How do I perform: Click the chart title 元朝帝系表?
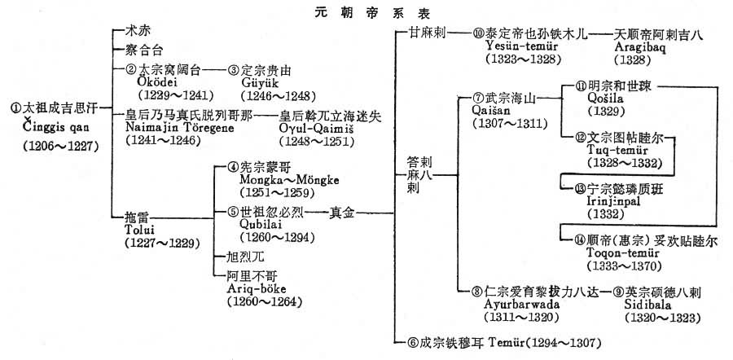pos(366,14)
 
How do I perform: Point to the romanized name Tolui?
pos(139,230)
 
